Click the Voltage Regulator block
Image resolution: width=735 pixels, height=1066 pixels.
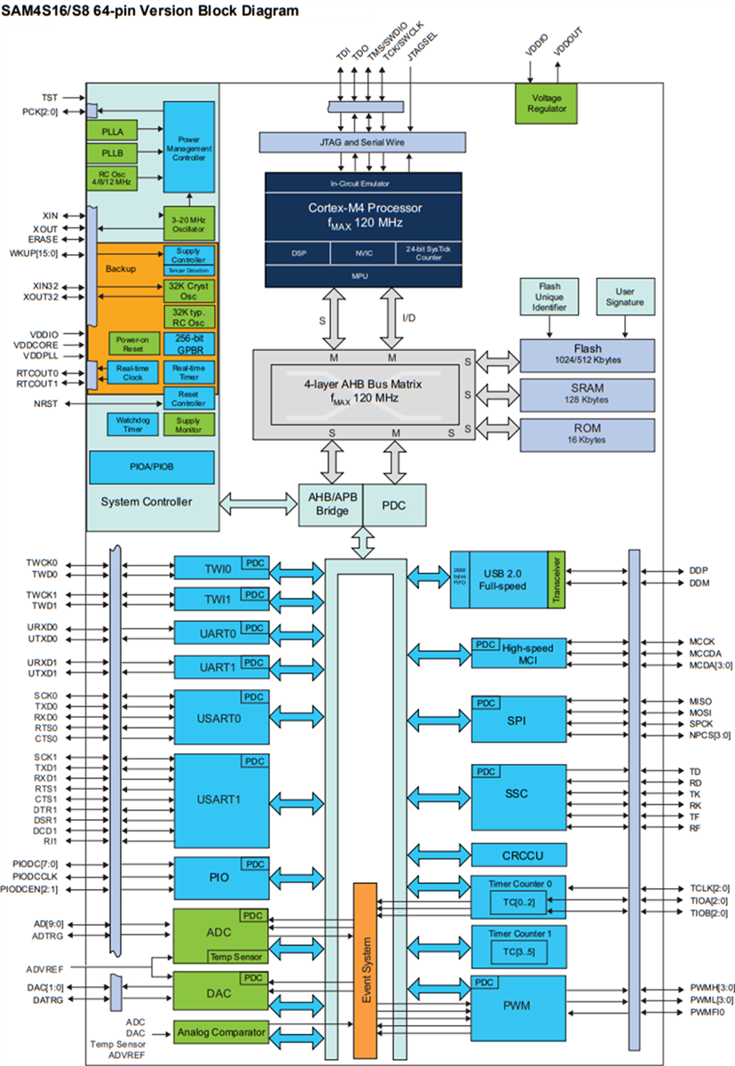point(546,103)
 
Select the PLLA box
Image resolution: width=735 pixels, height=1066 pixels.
point(112,131)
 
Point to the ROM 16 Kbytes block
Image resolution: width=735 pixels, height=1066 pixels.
point(588,433)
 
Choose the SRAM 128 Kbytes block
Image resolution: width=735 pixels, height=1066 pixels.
point(588,394)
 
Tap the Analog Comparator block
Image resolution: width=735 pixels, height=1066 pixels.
point(220,1032)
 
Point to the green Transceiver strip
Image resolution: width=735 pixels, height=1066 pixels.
point(557,578)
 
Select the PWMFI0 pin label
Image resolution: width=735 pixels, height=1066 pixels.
point(707,1012)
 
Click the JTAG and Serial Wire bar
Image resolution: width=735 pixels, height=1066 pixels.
point(362,141)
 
